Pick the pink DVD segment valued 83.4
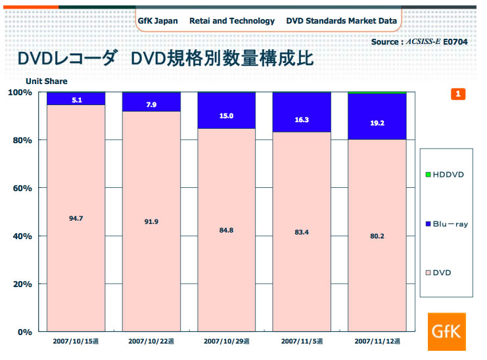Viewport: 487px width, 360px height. (x=302, y=231)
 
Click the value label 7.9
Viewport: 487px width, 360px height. (x=151, y=104)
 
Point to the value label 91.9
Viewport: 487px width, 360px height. (x=151, y=221)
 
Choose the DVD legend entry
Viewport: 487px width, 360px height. (x=438, y=271)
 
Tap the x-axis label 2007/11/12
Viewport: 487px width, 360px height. (x=377, y=342)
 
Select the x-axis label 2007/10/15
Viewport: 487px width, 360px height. (x=76, y=342)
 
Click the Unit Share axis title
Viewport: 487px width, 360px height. (x=46, y=81)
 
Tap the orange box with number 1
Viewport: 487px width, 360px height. (x=458, y=94)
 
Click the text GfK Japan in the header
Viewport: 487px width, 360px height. (x=158, y=21)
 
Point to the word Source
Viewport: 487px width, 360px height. (x=384, y=42)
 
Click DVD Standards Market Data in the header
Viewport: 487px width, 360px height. (x=341, y=21)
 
